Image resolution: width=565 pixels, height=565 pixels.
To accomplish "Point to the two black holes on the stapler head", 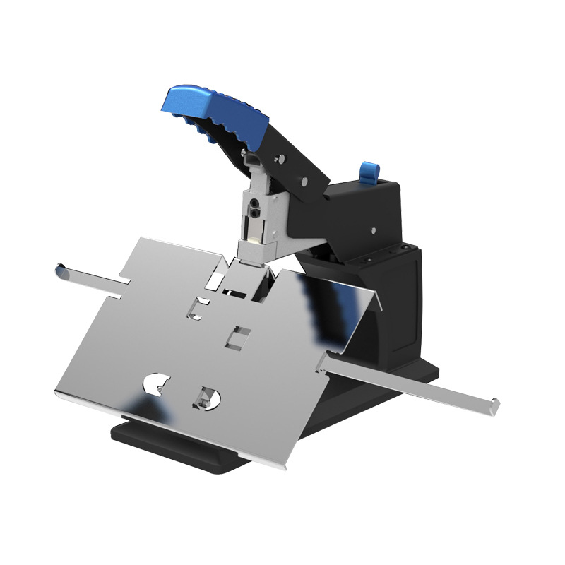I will tap(253, 208).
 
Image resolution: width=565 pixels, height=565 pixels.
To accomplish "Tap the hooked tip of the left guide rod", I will tap(61, 269).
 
